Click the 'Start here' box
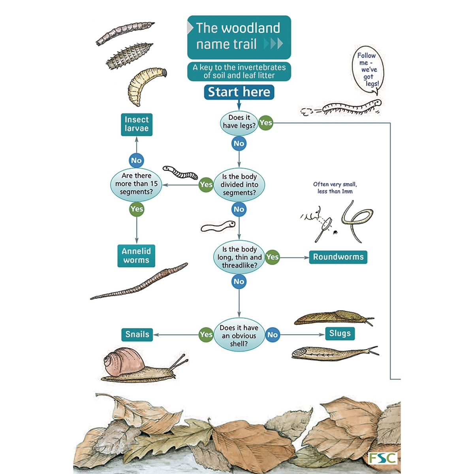pos(239,92)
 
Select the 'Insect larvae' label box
pos(136,124)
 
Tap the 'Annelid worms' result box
pos(136,256)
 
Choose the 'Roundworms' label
pos(338,257)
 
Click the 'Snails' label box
pos(137,335)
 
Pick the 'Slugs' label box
pos(340,333)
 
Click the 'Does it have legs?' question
pos(239,122)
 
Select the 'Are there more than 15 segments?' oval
pos(136,184)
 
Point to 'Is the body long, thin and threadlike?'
pos(239,257)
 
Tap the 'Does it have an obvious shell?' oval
pos(239,335)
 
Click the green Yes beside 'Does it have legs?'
pos(266,122)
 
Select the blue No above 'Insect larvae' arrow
pos(136,160)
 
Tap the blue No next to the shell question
pos(273,335)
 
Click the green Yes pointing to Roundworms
pos(272,257)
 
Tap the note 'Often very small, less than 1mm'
pos(335,188)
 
